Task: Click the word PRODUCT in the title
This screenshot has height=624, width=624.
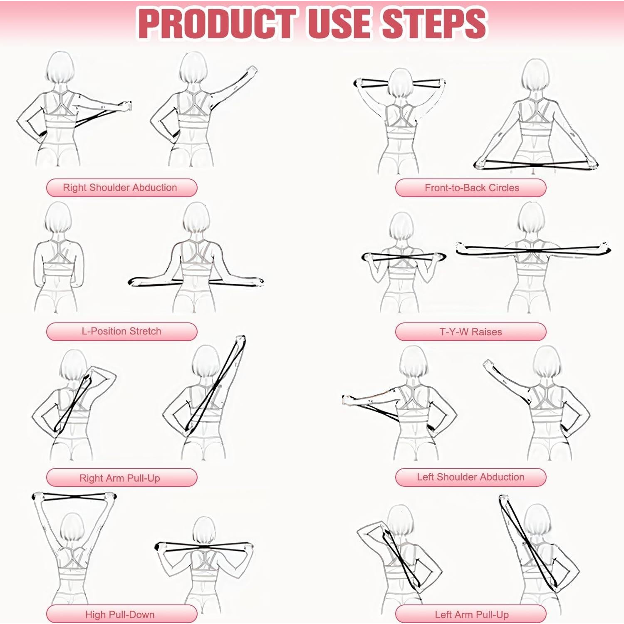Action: (x=216, y=23)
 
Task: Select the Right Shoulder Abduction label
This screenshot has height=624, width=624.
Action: (x=121, y=188)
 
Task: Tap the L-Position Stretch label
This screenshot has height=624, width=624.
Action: (x=121, y=332)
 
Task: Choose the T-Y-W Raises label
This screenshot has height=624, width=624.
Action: (x=470, y=332)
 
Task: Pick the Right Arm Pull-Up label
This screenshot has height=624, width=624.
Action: (x=121, y=478)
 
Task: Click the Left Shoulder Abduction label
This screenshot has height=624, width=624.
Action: (x=470, y=477)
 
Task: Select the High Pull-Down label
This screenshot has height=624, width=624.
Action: (x=121, y=614)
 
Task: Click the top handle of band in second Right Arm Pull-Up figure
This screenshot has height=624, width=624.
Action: (x=240, y=340)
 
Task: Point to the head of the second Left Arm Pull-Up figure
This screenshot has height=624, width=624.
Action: (x=537, y=522)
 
